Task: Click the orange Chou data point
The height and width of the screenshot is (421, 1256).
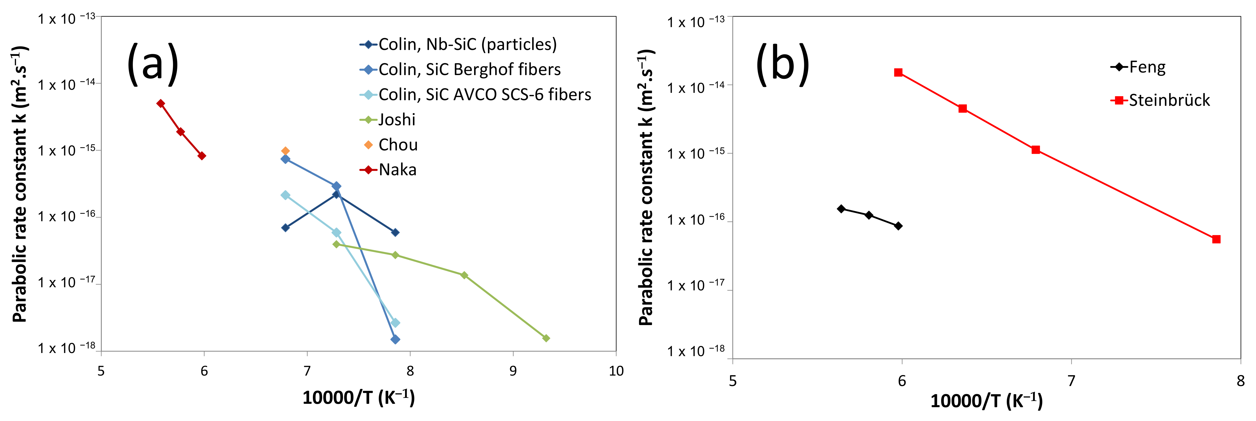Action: (x=286, y=151)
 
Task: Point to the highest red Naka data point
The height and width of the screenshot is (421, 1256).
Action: (x=160, y=104)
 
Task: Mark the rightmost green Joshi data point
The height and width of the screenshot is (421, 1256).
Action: (x=546, y=338)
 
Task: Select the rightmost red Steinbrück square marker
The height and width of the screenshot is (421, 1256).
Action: (x=1217, y=239)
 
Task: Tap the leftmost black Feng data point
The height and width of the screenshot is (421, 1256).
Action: (x=841, y=209)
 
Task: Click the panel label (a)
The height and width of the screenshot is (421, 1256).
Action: (x=152, y=63)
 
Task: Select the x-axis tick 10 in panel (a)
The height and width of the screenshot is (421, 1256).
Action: (x=616, y=371)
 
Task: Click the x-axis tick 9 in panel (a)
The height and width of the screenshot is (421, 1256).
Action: (x=513, y=371)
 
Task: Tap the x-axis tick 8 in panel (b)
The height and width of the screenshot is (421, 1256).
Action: (x=1240, y=381)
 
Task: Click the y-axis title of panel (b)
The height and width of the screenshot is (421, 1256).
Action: (x=646, y=188)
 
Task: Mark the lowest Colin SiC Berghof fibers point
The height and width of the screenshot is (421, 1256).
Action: (x=395, y=339)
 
